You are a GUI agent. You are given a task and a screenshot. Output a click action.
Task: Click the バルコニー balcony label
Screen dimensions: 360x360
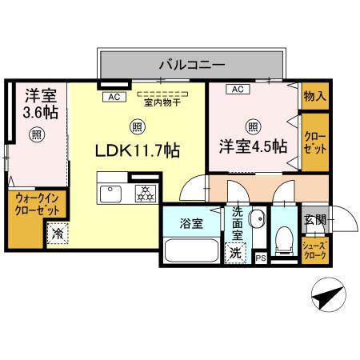click(191, 62)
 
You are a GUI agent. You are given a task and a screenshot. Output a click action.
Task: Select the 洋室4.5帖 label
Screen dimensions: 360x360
click(253, 146)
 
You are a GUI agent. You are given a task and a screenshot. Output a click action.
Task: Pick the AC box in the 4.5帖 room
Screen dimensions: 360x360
click(238, 90)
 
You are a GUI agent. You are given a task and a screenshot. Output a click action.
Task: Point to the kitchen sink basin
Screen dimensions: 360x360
click(110, 193)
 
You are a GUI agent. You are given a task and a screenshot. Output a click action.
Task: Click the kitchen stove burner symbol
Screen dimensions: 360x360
click(146, 193)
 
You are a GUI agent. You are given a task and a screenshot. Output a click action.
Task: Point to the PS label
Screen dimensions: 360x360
click(259, 258)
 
